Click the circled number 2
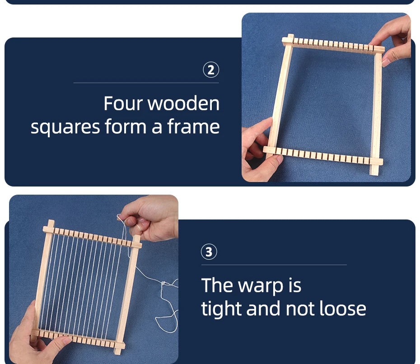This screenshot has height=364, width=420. point(211,70)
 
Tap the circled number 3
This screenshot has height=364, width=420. point(209,252)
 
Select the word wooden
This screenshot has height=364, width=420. point(183,103)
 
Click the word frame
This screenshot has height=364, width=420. point(193,126)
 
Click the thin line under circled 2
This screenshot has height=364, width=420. point(146,83)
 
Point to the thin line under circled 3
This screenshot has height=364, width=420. point(274,265)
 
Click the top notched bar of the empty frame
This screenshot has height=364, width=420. point(333,45)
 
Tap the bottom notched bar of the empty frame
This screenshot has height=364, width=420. point(323,156)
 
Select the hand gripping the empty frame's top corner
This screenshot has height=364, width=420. point(394,40)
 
